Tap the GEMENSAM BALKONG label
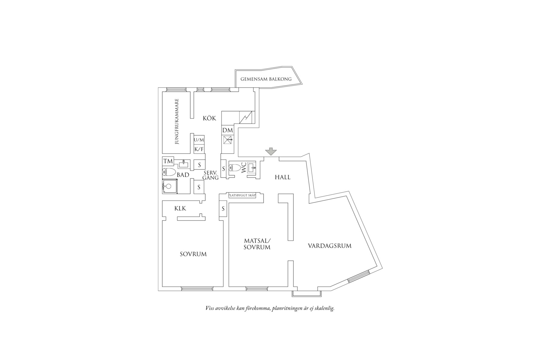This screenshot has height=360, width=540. tap(266, 79)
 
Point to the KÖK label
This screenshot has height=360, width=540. tap(209, 118)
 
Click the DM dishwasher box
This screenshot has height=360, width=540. tap(228, 130)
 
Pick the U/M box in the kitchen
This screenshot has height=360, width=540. tap(199, 140)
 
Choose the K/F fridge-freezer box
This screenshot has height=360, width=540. tap(199, 149)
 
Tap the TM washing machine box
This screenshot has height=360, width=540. tap(168, 161)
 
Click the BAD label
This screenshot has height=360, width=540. tap(183, 175)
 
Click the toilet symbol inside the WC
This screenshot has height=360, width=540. tap(235, 168)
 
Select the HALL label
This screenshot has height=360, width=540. tap(282, 177)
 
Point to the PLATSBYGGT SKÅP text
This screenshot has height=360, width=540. tap(242, 195)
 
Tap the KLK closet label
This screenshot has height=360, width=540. tap(180, 209)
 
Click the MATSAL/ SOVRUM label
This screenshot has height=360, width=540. tap(257, 244)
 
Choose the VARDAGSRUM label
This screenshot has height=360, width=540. tap(329, 246)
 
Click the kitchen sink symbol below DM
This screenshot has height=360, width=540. tap(228, 140)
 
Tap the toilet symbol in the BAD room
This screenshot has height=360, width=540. tap(169, 172)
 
